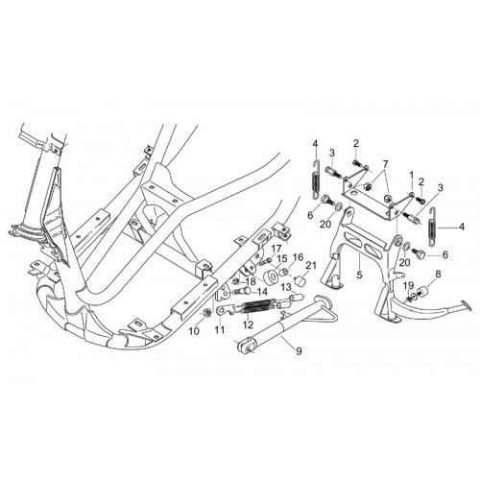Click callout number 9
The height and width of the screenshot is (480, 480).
(299, 351)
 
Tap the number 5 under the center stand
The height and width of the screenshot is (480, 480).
(359, 275)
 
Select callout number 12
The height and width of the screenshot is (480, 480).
(248, 324)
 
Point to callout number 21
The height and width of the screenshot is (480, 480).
(311, 265)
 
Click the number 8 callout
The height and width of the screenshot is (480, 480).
(438, 274)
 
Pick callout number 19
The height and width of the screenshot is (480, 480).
(409, 285)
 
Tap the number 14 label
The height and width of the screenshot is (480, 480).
(262, 292)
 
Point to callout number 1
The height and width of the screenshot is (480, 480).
(412, 175)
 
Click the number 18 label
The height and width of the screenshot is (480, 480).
(251, 282)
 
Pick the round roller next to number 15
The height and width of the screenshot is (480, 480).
(272, 276)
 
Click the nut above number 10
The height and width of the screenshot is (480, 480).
(207, 313)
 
